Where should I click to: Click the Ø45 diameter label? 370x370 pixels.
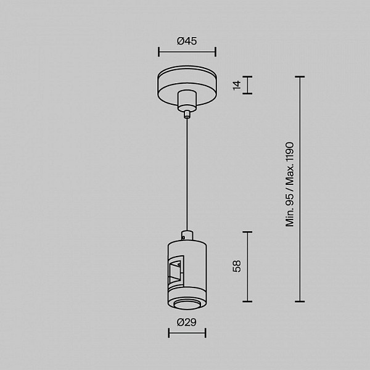187,41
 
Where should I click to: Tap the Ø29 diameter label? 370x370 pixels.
186,322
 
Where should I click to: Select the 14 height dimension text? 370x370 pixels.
237,85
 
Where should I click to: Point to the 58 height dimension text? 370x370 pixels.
237,266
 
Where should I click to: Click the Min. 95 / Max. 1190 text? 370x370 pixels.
290,184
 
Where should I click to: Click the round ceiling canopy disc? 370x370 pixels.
187,86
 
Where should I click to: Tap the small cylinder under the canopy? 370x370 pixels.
187,101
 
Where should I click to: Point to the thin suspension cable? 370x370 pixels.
187,174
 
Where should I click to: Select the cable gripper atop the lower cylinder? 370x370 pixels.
187,236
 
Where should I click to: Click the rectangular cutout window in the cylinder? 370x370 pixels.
176,271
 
